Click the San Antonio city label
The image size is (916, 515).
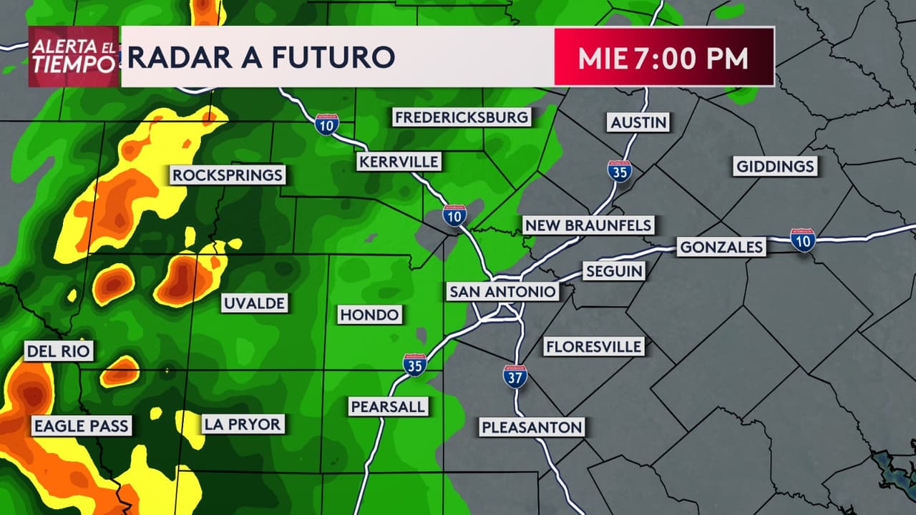coord(502,292)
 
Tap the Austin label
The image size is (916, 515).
coord(639,122)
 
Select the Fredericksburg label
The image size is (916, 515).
coord(462,117)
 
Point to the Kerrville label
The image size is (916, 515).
coord(399,162)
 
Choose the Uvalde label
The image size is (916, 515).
coord(254,303)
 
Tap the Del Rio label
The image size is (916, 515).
coord(59,351)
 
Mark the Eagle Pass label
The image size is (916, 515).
coord(81,426)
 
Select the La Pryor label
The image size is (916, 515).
coord(243,424)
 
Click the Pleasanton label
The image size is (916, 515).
coord(532,428)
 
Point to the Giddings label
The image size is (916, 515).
coord(776,167)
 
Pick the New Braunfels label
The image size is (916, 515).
coord(588,225)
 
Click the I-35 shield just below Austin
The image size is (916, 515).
coord(620,171)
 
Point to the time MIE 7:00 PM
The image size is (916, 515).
coord(663,58)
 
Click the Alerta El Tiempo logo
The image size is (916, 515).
coord(74,57)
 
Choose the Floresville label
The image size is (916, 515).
coord(594,347)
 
